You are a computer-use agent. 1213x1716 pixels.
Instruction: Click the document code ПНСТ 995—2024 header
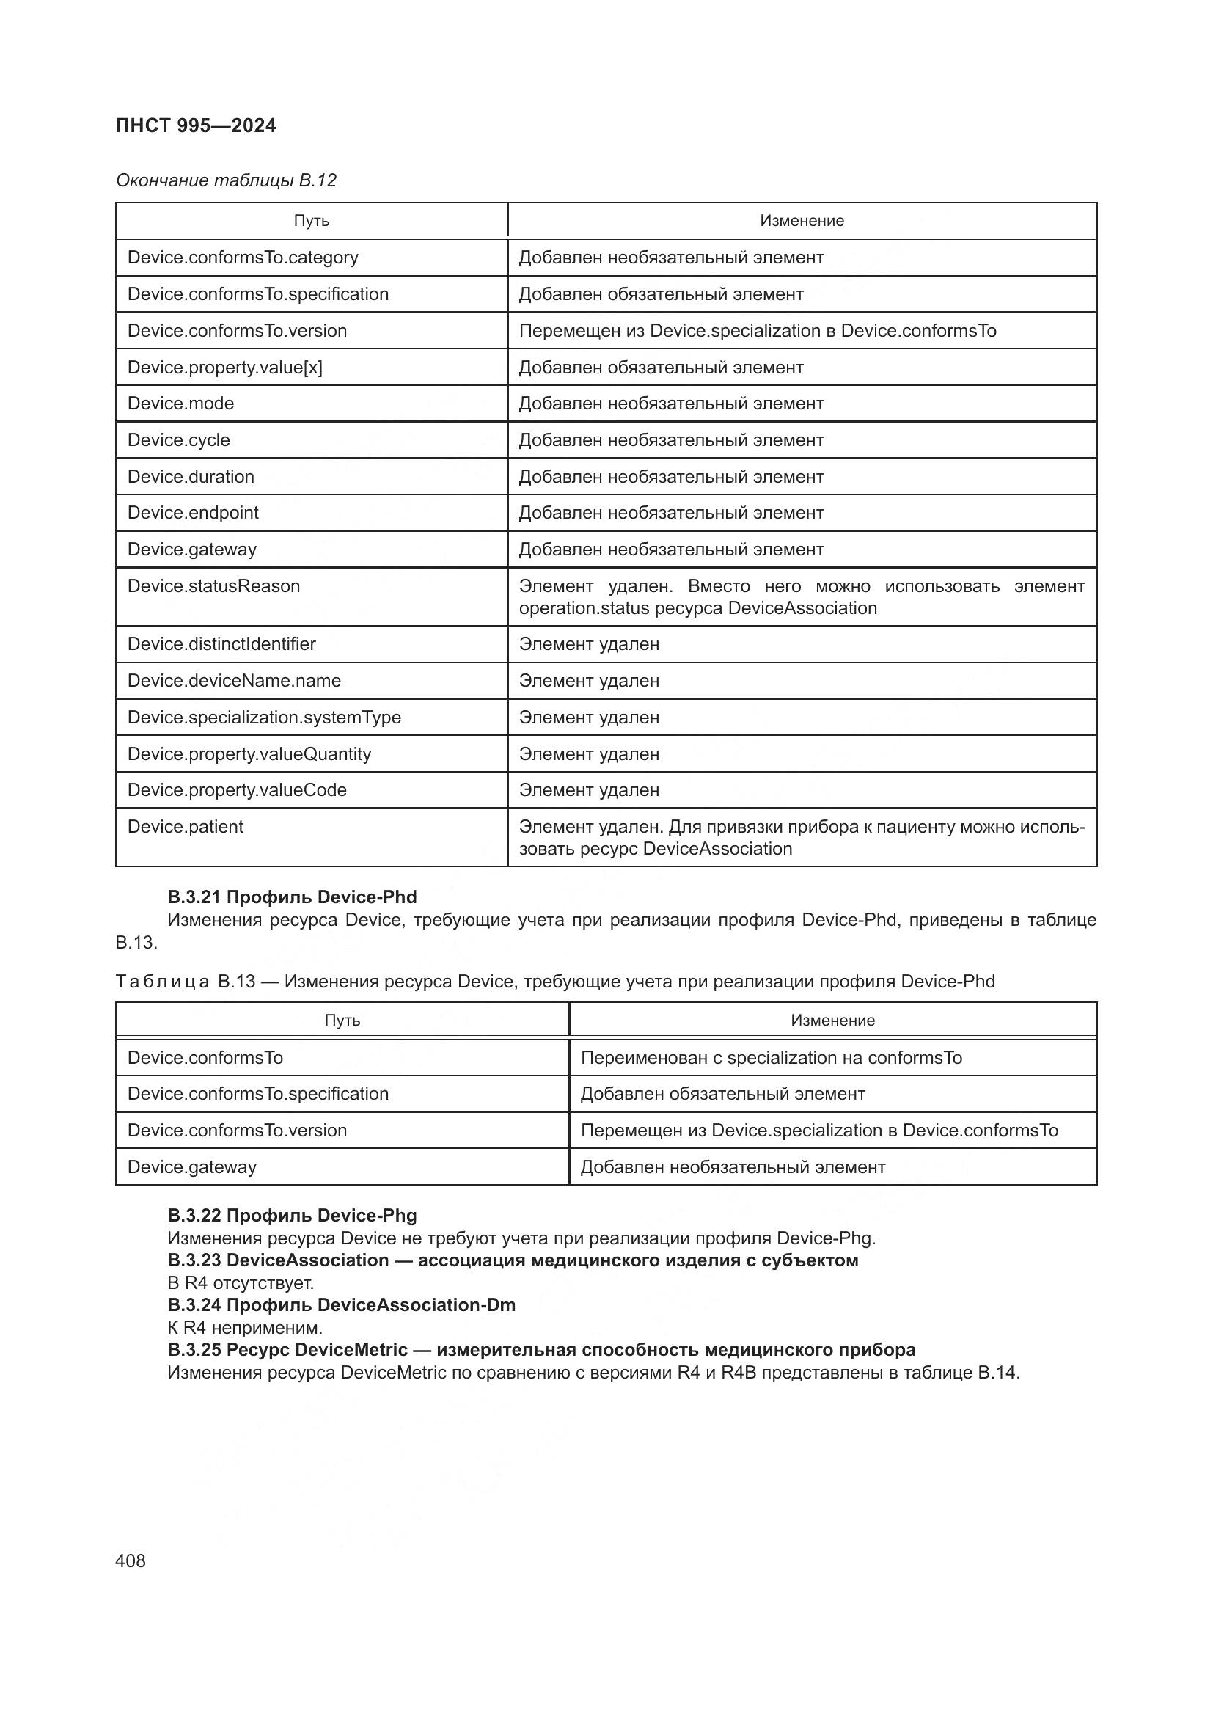pos(196,125)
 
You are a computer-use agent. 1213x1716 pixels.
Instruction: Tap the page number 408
pos(131,1560)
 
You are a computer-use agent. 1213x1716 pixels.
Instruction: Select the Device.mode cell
pos(180,404)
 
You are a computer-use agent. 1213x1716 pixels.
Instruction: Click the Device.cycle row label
pos(178,440)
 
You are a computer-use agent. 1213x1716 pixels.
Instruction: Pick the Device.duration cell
pos(191,477)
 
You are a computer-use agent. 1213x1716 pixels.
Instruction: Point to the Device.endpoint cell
pos(193,513)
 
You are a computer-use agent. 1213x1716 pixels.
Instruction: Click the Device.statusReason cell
pos(213,586)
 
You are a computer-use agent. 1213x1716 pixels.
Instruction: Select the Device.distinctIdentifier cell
pos(221,644)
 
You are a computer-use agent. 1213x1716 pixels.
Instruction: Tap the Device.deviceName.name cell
pos(234,681)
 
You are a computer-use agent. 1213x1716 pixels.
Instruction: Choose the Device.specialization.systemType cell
pos(264,718)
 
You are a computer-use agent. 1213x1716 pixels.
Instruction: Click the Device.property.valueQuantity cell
pos(249,754)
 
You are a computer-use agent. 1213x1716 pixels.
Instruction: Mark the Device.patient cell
pos(186,827)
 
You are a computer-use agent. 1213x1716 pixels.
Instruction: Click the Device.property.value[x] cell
pos(225,368)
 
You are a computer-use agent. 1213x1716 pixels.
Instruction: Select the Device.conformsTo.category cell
pos(243,258)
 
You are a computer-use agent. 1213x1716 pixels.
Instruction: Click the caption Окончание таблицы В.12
pos(226,180)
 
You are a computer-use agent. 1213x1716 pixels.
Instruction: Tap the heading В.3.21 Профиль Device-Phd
pos(292,897)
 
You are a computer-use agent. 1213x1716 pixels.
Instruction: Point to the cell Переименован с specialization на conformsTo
pos(771,1058)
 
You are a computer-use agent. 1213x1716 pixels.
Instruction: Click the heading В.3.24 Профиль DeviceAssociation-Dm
pos(341,1305)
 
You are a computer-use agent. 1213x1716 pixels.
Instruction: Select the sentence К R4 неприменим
pos(245,1327)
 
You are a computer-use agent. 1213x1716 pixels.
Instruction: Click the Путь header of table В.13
pos(342,1021)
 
